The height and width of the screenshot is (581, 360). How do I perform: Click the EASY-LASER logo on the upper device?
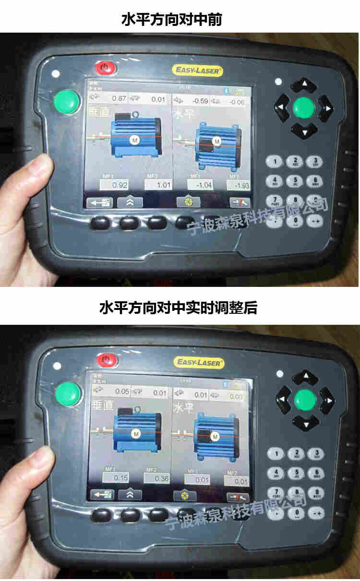197,71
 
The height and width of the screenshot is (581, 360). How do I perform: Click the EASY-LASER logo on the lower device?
199,363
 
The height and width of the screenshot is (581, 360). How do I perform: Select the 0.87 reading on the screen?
119,99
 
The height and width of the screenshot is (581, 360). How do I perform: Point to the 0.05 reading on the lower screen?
122,392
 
